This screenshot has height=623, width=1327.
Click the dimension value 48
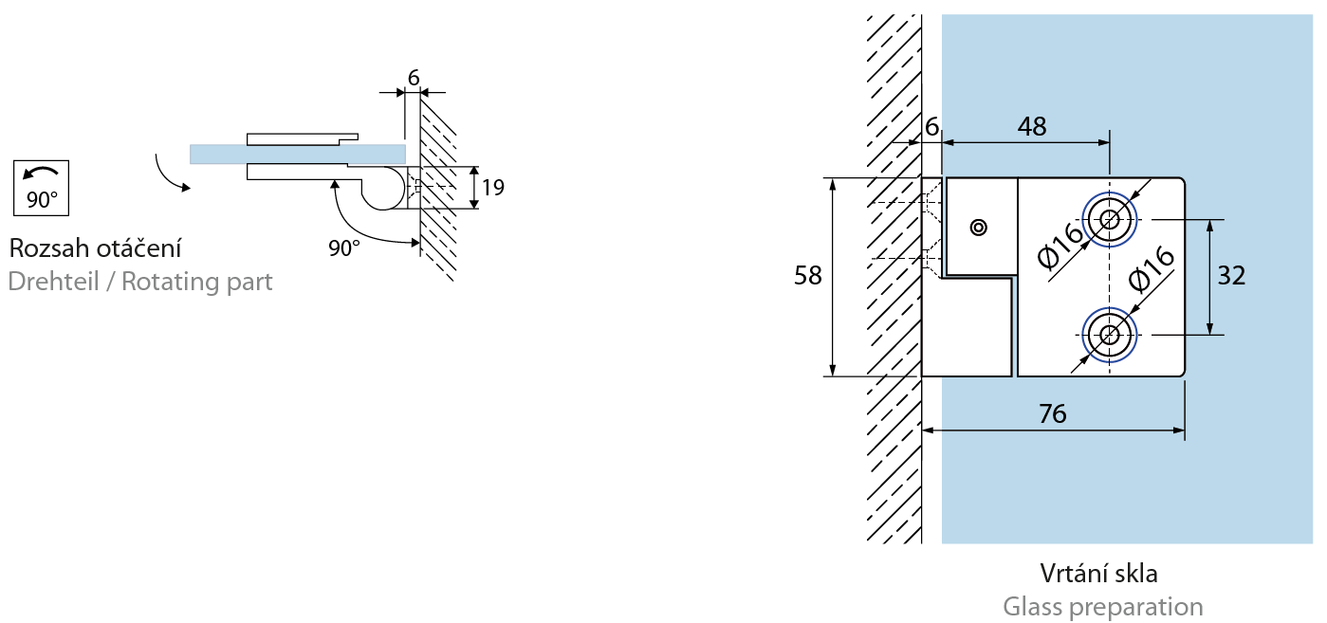click(x=1031, y=127)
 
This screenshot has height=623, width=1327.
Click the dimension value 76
click(x=1052, y=414)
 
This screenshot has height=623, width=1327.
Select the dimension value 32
click(x=1231, y=276)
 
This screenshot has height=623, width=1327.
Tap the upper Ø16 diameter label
click(x=1060, y=245)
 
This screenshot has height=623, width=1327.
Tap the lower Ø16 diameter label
click(x=1152, y=269)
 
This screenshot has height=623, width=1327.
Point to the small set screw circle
click(x=979, y=227)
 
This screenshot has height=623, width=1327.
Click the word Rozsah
click(x=48, y=249)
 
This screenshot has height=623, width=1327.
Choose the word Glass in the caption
click(x=1035, y=607)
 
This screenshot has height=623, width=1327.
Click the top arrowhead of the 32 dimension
click(x=1209, y=225)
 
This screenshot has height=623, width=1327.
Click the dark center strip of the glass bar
click(x=296, y=155)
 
